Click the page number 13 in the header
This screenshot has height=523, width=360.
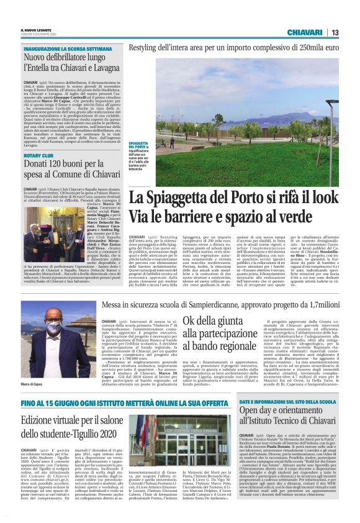point(335,32)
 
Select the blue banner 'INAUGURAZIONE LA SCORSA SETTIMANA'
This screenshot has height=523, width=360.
point(60,48)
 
